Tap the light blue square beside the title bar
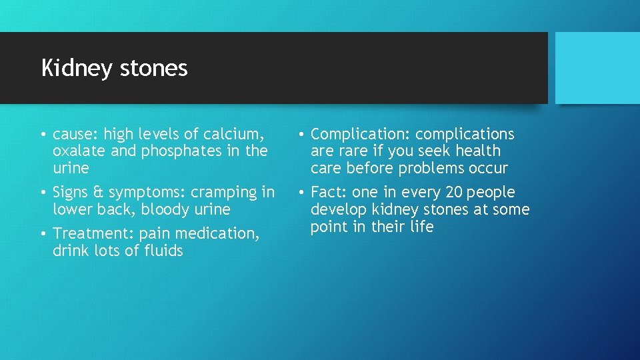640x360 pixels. [597, 68]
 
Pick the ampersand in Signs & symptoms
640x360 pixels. [99, 193]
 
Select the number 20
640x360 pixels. [454, 193]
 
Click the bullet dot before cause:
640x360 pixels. [42, 135]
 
